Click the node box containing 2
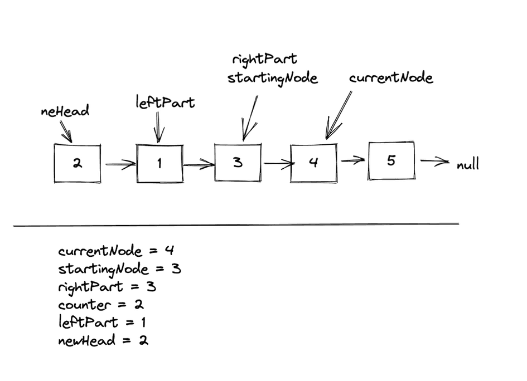78,163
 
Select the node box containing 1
159,163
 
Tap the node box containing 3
238,162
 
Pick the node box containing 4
313,162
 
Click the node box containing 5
391,160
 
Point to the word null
467,165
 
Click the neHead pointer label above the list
65,111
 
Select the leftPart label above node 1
165,102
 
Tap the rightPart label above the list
264,59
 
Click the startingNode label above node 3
273,78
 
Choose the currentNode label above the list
391,78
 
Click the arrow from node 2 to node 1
119,164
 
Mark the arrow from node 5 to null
434,162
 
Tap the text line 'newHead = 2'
103,340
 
